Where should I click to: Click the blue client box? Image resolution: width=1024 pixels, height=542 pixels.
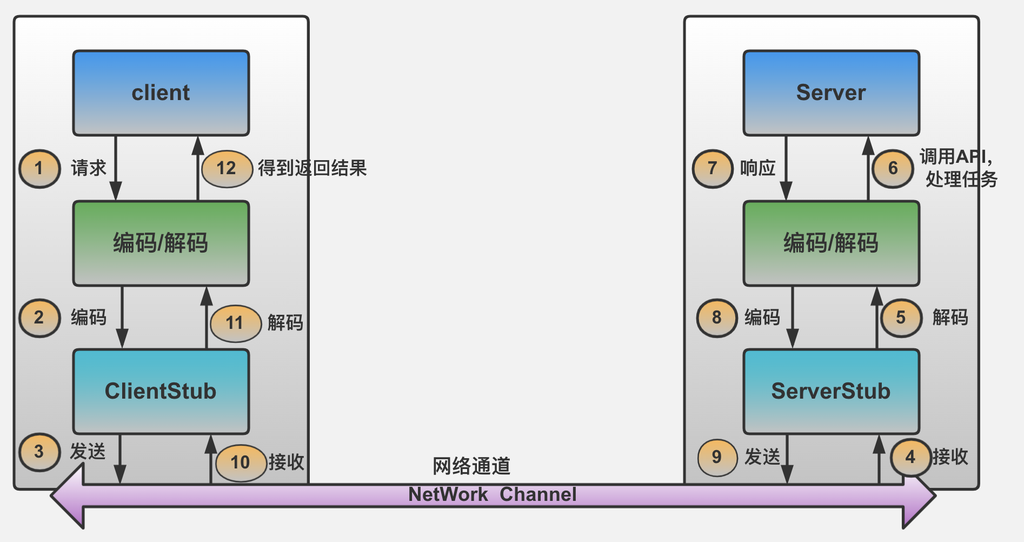[x=161, y=93]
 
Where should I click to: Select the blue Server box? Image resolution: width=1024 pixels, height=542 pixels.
[x=831, y=93]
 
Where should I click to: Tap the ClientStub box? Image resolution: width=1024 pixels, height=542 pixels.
[x=161, y=391]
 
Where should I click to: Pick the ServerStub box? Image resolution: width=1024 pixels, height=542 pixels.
[x=831, y=391]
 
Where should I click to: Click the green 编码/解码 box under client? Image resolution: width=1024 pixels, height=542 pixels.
[x=161, y=243]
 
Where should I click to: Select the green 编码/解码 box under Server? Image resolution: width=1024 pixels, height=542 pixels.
[x=831, y=243]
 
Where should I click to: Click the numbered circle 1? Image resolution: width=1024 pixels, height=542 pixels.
[x=39, y=168]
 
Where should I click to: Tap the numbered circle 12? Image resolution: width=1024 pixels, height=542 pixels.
[x=227, y=168]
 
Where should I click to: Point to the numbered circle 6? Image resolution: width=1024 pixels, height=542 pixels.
[x=893, y=168]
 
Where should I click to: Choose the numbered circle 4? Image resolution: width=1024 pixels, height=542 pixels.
[x=910, y=457]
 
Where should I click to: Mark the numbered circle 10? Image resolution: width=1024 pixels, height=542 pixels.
[x=240, y=462]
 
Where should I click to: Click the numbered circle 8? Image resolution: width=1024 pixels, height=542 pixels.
[x=716, y=318]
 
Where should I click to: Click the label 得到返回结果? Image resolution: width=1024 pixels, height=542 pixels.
[x=312, y=168]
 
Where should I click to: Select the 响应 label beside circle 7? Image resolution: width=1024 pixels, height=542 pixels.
[x=757, y=168]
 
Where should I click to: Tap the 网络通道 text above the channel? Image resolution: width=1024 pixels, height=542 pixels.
[x=471, y=466]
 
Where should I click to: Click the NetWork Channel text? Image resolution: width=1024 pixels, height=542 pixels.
[x=492, y=494]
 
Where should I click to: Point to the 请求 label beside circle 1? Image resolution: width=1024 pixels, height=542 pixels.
[x=89, y=168]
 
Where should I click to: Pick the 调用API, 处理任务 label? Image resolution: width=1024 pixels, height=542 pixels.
[x=958, y=168]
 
